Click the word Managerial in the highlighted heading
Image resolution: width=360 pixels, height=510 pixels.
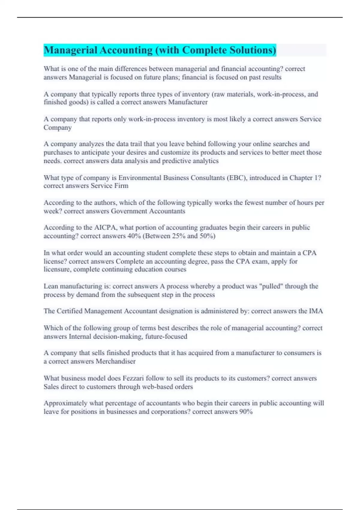pos(70,50)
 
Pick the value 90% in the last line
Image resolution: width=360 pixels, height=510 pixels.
pos(246,412)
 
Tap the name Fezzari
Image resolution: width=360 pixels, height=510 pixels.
pos(133,378)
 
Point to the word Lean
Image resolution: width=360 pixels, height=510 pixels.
pos(51,286)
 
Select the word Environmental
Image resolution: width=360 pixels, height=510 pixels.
pos(140,178)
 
